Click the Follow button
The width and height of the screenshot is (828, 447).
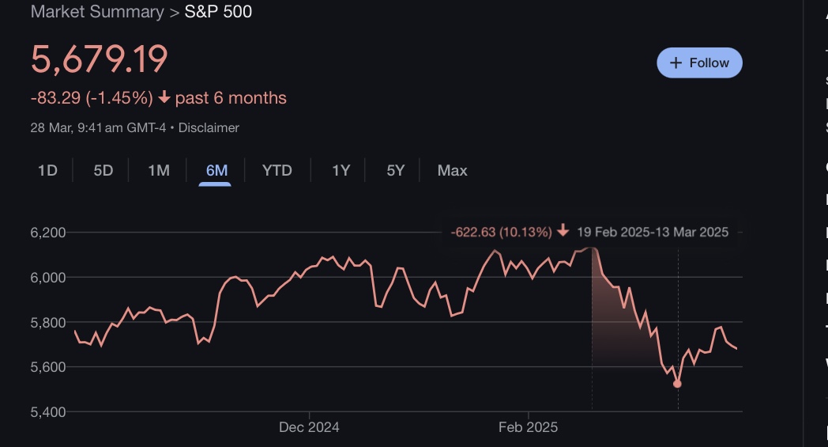pyautogui.click(x=699, y=63)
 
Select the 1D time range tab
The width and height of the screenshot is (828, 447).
pyautogui.click(x=47, y=170)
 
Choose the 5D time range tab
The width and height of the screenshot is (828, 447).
pyautogui.click(x=103, y=170)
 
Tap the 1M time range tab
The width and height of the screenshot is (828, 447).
pyautogui.click(x=159, y=170)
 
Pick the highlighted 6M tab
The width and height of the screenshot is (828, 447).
pyautogui.click(x=216, y=170)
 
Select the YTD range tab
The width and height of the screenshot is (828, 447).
pyautogui.click(x=277, y=170)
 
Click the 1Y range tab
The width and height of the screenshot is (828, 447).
pyautogui.click(x=341, y=170)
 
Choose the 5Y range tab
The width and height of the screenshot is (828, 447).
pyautogui.click(x=396, y=170)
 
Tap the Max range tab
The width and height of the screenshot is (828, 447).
pyautogui.click(x=452, y=170)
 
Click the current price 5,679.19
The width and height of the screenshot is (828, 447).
pyautogui.click(x=100, y=60)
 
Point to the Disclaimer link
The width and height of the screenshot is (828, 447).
pyautogui.click(x=209, y=127)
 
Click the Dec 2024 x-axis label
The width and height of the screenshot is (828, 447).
pyautogui.click(x=309, y=427)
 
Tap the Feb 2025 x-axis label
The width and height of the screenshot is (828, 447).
pyautogui.click(x=528, y=427)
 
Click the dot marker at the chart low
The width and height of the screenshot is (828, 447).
pyautogui.click(x=677, y=384)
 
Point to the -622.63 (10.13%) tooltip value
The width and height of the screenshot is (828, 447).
pyautogui.click(x=501, y=232)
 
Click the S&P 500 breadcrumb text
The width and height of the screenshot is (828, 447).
pyautogui.click(x=218, y=12)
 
